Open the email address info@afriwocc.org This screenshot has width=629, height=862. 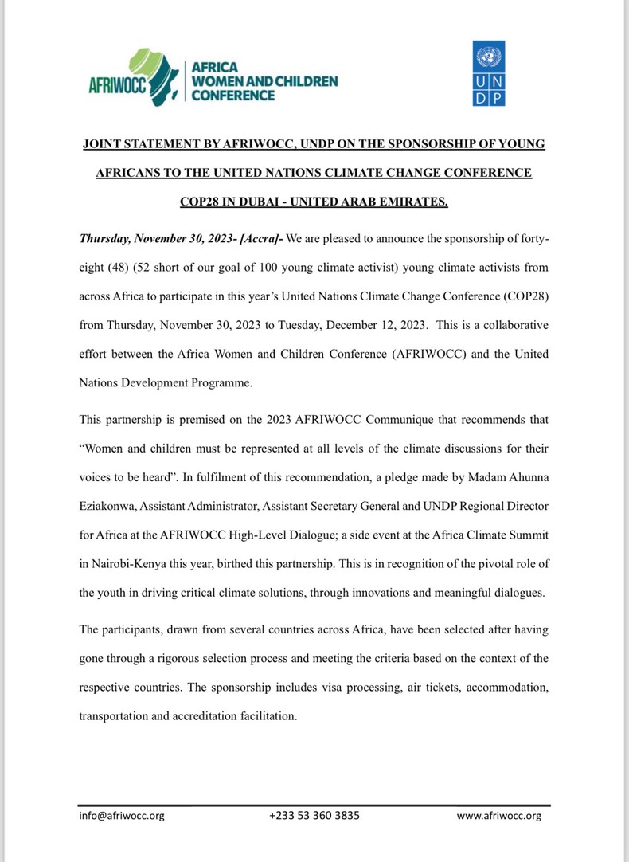coord(122,816)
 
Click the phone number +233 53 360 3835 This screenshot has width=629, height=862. coord(314,816)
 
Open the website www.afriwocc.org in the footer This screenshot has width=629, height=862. coord(498,816)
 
